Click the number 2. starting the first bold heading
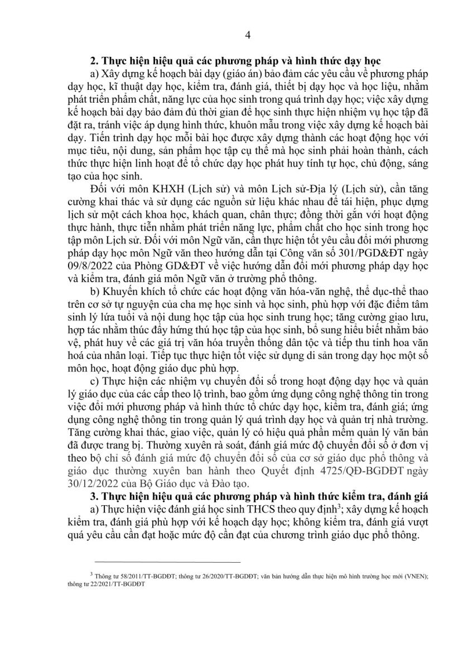94,59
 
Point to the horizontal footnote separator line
167,562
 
